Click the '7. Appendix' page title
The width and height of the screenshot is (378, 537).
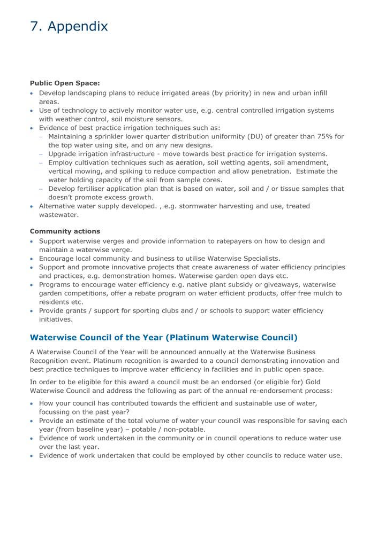click(x=69, y=26)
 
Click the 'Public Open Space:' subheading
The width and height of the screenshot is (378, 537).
click(x=65, y=83)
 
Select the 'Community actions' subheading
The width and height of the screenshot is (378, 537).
click(x=65, y=231)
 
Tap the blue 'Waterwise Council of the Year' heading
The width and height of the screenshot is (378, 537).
click(x=163, y=338)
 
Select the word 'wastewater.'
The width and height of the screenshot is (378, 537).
click(x=59, y=215)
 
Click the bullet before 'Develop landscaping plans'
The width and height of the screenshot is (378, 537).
click(x=32, y=94)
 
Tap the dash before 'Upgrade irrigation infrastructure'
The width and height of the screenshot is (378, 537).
click(x=41, y=154)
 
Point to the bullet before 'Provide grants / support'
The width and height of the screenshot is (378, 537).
click(x=32, y=311)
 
